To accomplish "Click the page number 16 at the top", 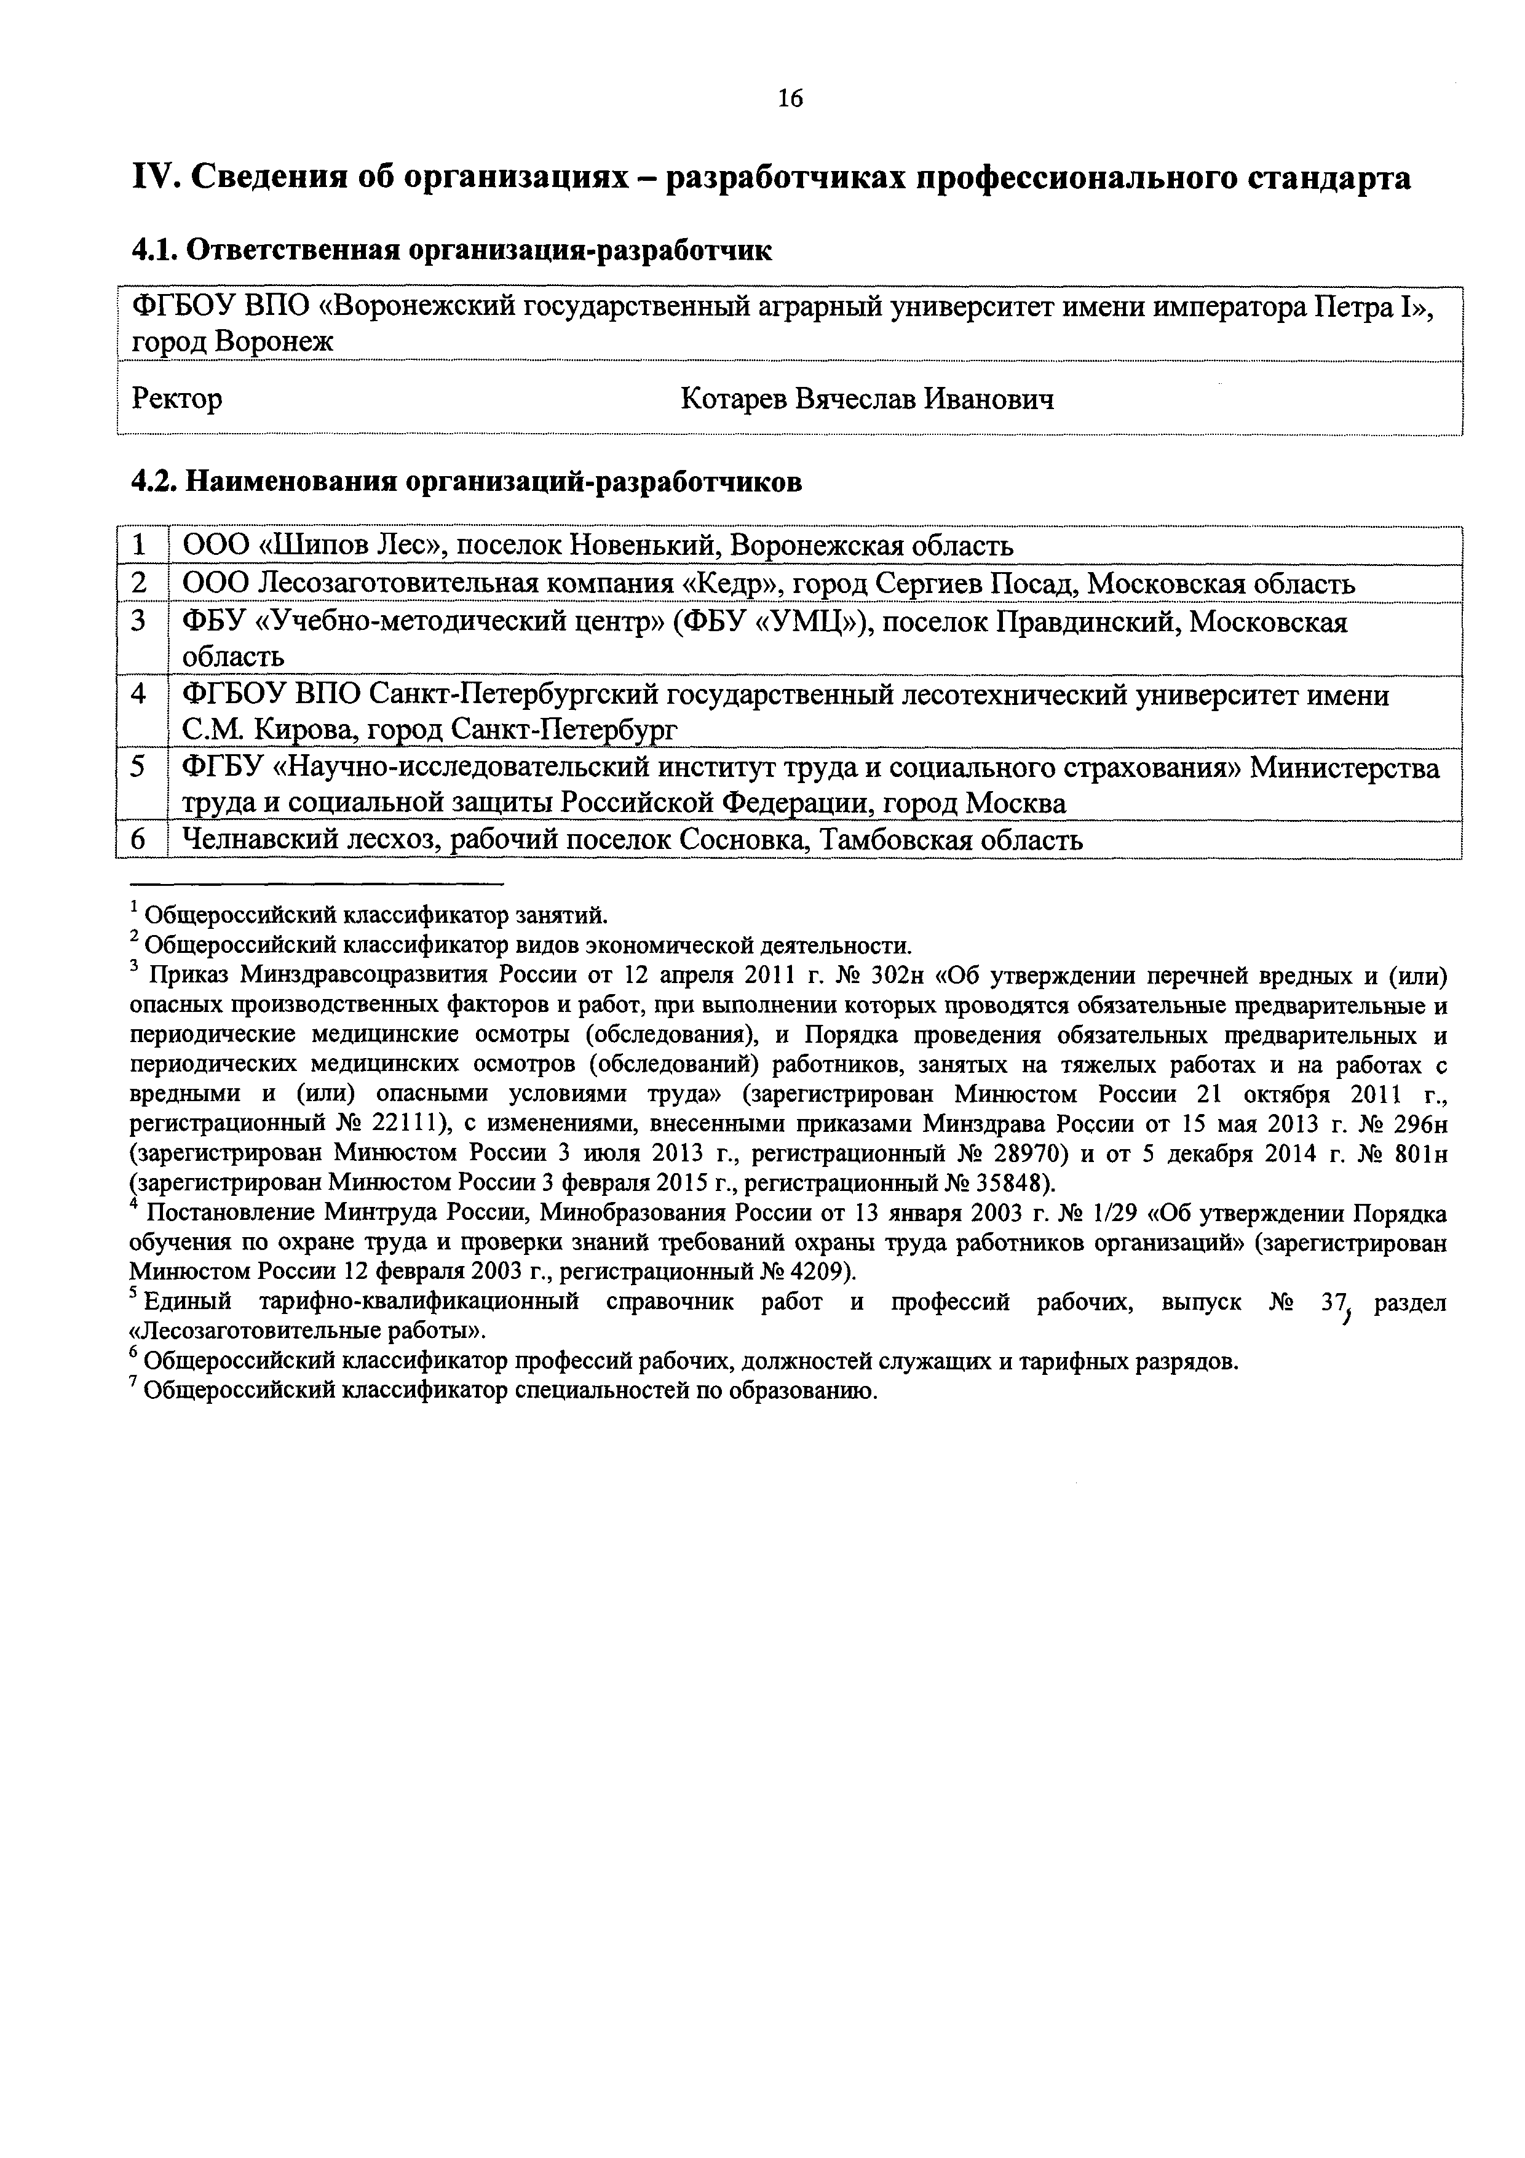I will coord(790,98).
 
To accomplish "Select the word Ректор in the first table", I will coord(176,399).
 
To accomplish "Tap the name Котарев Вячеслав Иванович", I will coord(866,399).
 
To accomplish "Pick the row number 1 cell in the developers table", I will coord(140,545).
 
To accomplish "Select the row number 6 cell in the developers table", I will coord(140,839).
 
